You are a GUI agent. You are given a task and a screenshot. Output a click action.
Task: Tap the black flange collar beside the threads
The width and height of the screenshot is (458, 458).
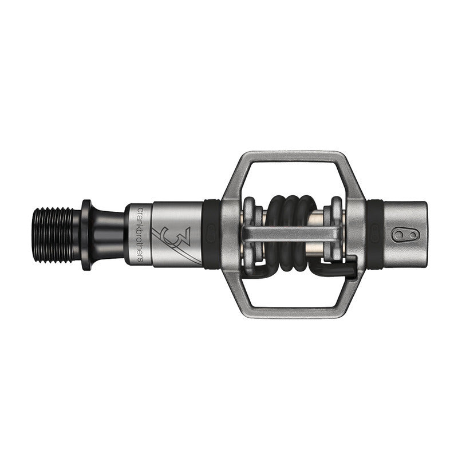(x=86, y=235)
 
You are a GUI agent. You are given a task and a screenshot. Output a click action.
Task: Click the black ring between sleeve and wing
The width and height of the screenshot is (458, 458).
(x=210, y=234)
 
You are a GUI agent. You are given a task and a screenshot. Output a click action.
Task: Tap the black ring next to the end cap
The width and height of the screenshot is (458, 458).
(x=376, y=234)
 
